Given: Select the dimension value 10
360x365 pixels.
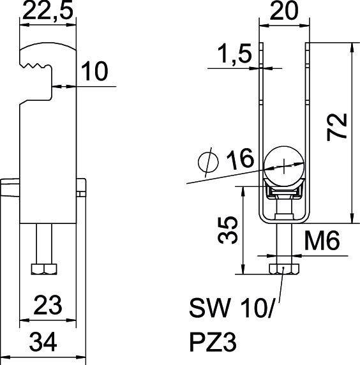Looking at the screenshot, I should tap(94, 72).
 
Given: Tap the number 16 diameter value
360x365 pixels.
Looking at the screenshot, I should tap(240, 161).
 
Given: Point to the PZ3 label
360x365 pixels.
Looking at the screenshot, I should tap(213, 344).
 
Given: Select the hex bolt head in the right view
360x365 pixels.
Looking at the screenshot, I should tap(283, 269).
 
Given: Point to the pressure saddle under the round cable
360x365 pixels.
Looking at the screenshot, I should tap(283, 191).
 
